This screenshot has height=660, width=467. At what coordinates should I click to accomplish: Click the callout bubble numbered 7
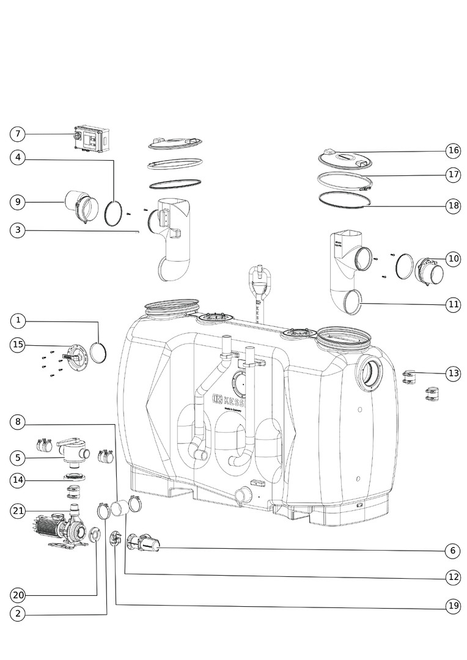[18, 133]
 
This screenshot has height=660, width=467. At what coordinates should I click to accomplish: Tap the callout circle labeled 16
[452, 150]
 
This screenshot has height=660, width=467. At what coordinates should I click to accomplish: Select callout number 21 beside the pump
[18, 510]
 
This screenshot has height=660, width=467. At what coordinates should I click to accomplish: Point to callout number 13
[452, 373]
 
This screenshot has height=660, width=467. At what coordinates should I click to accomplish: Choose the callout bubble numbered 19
[452, 606]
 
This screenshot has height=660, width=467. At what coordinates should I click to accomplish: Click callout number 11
[452, 304]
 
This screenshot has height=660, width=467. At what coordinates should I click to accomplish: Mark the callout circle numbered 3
[18, 230]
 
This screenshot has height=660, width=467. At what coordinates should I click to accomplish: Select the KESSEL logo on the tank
[227, 400]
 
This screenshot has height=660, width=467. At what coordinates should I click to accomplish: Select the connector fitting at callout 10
[430, 270]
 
